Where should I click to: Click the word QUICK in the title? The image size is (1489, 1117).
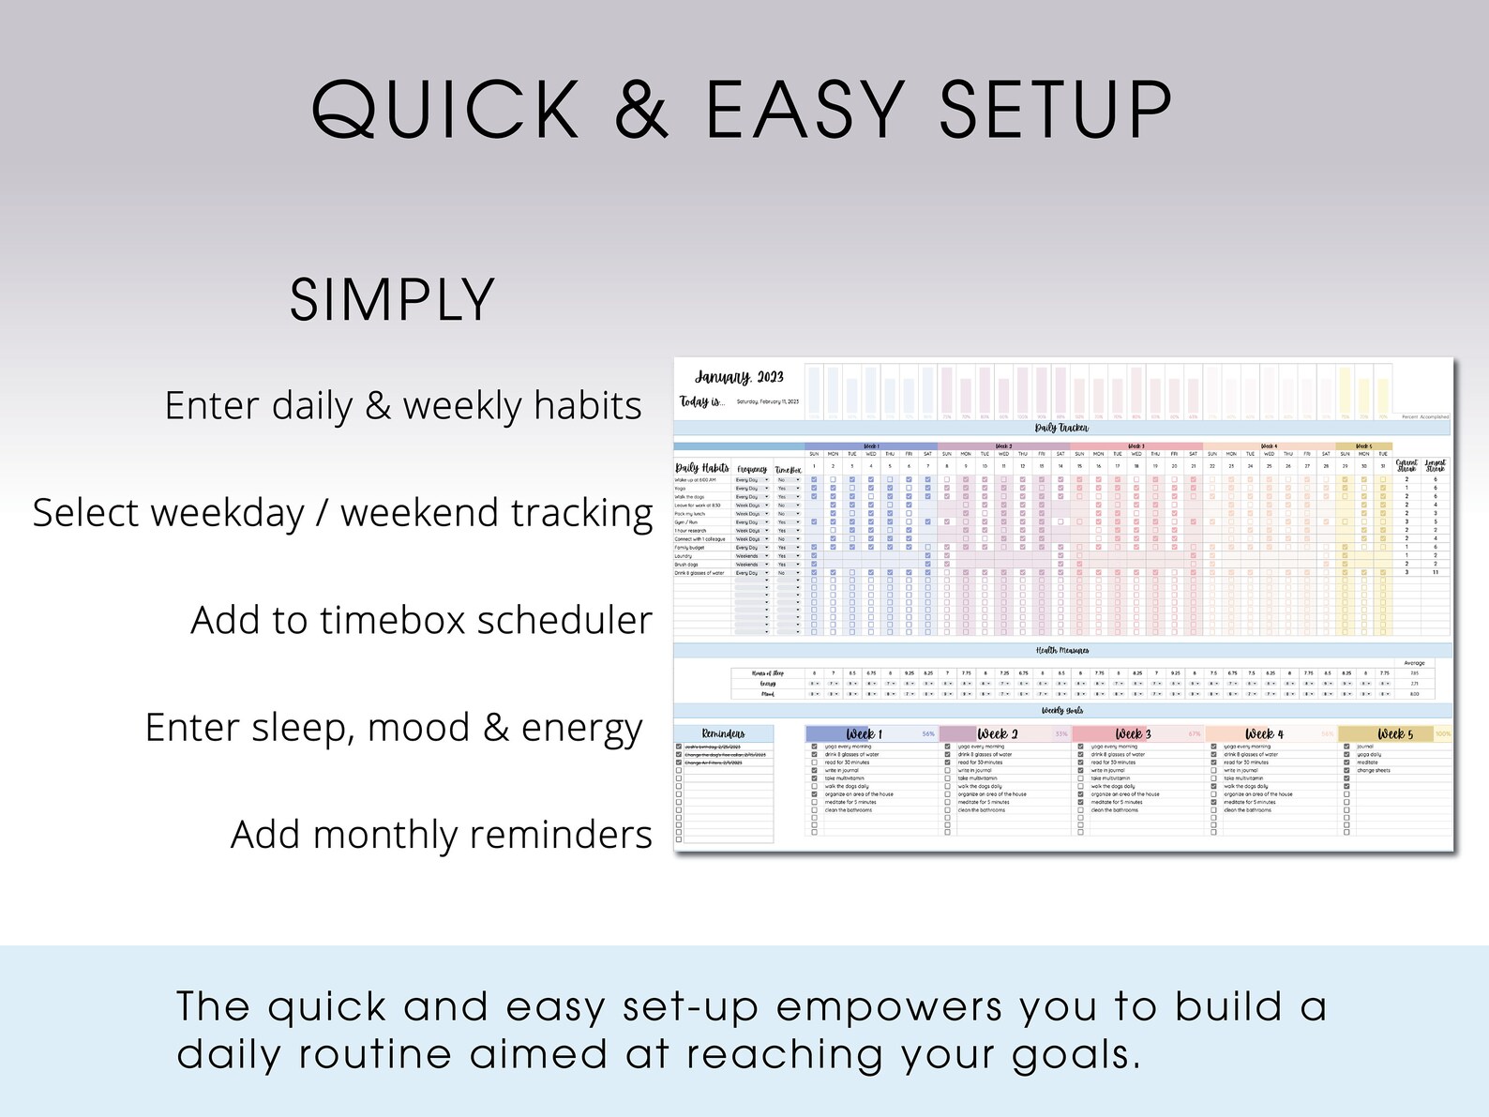446,111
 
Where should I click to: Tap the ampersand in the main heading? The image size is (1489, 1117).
642,111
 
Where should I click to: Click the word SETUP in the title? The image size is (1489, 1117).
1056,111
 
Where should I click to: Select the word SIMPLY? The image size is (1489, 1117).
392,301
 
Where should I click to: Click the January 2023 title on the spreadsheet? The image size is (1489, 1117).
739,377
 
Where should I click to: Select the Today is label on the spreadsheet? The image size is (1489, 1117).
701,401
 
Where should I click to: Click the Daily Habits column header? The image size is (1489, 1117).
702,468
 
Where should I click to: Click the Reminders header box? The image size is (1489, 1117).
723,733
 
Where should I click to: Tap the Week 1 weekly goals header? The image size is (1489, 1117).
864,733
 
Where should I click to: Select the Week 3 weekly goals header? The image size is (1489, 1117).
1133,733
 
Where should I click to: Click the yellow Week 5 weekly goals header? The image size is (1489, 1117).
1394,733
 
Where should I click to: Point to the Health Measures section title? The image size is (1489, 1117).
1062,650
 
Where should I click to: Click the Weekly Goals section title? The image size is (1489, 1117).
1062,711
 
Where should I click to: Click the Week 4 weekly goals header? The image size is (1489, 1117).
1264,733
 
